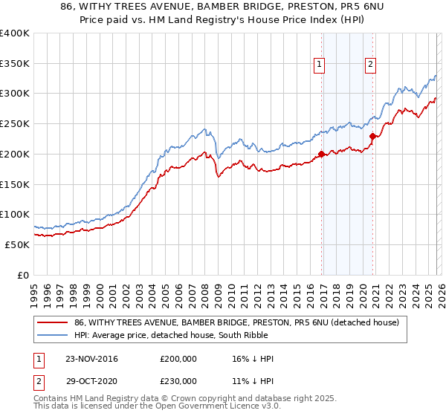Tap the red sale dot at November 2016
[x=321, y=154]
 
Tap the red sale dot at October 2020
[x=373, y=135]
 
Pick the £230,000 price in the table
[x=178, y=380]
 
